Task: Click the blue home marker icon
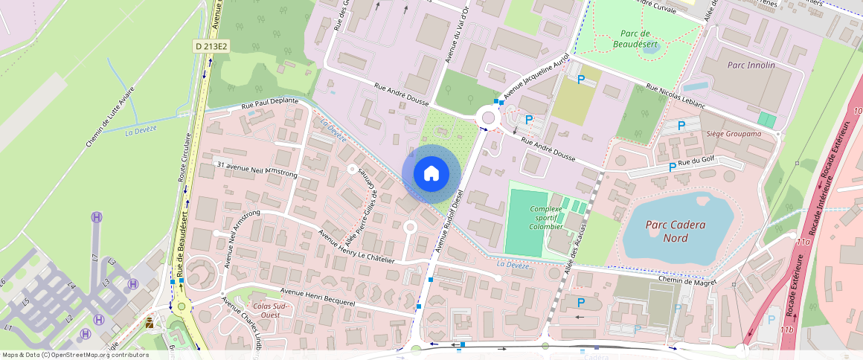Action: (431, 173)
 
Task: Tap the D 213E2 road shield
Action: (211, 46)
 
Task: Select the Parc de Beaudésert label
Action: (635, 39)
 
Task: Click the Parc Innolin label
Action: (750, 65)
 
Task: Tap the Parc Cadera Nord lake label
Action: (676, 231)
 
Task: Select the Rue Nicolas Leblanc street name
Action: (675, 96)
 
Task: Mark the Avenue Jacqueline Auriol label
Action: (536, 77)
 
